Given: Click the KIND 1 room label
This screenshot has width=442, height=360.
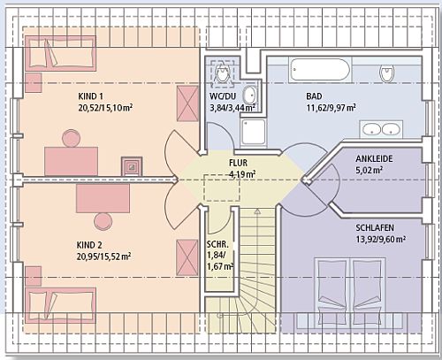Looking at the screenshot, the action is click(90, 96).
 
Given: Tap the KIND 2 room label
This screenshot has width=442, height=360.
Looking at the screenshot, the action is click(89, 245).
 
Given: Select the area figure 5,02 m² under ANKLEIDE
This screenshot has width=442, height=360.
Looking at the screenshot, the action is click(370, 170).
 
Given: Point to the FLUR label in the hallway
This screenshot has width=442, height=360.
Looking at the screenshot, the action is click(238, 163).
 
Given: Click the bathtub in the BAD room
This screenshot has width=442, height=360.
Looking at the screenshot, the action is click(319, 69).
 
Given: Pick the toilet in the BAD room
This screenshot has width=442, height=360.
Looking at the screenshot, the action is click(387, 73).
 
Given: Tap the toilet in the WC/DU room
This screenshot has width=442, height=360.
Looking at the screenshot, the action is click(221, 73).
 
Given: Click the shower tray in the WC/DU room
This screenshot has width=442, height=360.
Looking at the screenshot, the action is click(253, 132).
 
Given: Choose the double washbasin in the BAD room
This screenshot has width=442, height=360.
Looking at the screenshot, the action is click(381, 129).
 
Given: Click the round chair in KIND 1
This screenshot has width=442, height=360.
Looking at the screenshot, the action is click(72, 138).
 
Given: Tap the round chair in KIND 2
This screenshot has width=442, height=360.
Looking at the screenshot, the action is click(103, 222).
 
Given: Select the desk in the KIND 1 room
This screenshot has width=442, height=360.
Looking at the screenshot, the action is click(71, 162).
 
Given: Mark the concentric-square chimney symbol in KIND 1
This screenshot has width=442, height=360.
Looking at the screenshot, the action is click(132, 166).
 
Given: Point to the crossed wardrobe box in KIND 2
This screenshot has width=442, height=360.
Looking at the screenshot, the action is click(187, 257).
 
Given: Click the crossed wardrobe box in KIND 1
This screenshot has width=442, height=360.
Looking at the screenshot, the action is click(187, 103).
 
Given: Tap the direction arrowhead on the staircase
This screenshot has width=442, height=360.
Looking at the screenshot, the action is click(257, 211).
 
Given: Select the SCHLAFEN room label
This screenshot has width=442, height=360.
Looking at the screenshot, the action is click(375, 227).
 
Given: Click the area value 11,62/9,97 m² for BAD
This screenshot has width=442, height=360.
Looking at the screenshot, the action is click(331, 108).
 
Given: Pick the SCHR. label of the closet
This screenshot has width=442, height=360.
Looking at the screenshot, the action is click(217, 245).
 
